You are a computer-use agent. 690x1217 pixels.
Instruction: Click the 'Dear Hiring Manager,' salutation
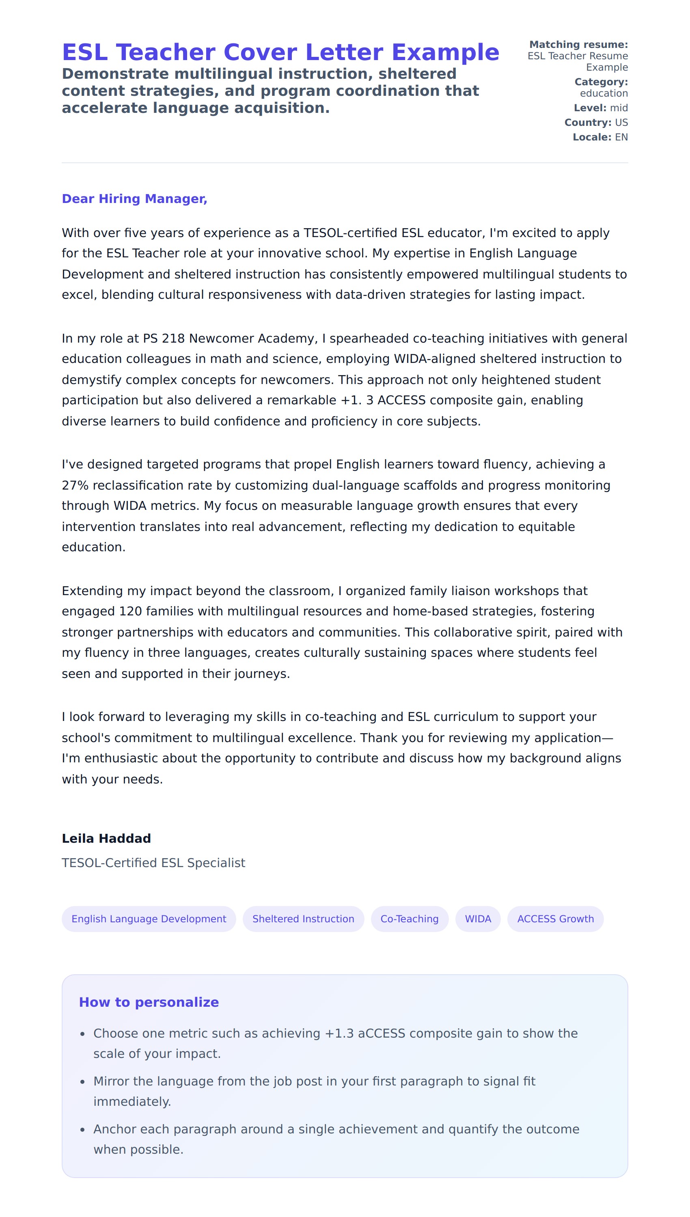[135, 199]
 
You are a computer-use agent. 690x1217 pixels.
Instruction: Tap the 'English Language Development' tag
[149, 919]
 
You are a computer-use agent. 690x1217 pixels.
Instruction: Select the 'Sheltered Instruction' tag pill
[303, 919]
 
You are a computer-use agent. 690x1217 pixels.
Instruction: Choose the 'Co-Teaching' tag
[410, 919]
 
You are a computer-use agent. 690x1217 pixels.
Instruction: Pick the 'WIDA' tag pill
[478, 919]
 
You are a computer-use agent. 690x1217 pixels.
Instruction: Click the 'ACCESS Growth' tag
[555, 919]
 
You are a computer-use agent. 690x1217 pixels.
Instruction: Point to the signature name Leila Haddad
[106, 838]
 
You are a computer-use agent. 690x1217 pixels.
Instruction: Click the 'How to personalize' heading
[149, 1002]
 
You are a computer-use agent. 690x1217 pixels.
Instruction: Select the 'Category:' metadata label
[601, 82]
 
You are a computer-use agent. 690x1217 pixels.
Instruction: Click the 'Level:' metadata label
[589, 108]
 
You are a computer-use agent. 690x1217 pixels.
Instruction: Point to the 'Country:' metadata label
[588, 123]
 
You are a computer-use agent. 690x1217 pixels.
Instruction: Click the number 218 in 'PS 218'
[173, 339]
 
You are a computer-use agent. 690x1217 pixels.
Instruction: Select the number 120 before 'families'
[130, 611]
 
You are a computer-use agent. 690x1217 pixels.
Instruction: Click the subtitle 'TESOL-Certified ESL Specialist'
[153, 863]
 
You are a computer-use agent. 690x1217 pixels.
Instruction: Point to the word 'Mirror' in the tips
[111, 1081]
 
